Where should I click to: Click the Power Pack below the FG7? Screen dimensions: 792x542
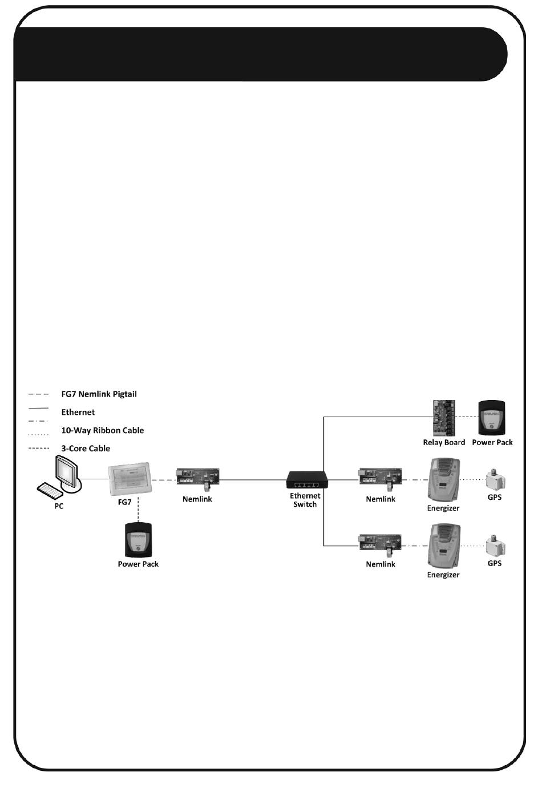point(138,539)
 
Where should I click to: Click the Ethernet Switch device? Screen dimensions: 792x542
point(306,479)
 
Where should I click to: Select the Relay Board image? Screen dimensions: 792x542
point(443,417)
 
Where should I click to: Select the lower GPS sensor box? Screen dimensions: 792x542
point(495,545)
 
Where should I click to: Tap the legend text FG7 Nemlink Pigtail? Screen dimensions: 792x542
point(99,394)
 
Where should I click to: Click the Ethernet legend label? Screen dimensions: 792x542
point(78,413)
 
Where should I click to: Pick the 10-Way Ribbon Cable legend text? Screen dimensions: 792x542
point(103,431)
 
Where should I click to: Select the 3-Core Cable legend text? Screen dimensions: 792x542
point(86,449)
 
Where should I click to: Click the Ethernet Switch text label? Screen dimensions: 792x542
point(305,500)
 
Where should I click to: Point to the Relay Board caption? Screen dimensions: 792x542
point(444,443)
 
